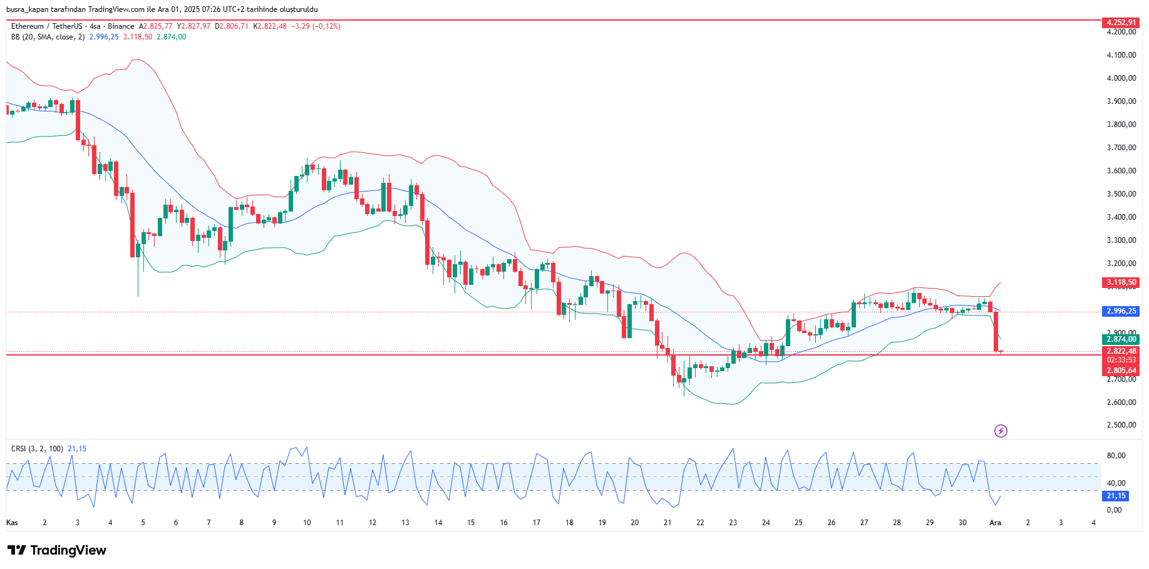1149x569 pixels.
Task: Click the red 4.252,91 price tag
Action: [1121, 23]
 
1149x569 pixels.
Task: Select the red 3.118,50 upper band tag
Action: [1121, 282]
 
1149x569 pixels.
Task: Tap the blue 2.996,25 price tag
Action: [1121, 311]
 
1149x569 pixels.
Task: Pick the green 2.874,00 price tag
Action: [1121, 339]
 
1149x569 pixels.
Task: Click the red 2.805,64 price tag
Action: [1121, 371]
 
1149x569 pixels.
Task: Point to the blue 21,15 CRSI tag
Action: [1116, 496]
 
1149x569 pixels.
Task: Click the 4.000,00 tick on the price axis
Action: [1121, 78]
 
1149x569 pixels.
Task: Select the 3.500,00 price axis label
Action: [1121, 194]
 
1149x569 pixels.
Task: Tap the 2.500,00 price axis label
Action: [1121, 425]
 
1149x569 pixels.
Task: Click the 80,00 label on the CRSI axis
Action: [1116, 456]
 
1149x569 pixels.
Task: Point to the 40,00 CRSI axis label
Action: [1116, 483]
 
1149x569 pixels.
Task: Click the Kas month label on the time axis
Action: [12, 523]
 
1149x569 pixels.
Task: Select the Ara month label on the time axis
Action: [995, 523]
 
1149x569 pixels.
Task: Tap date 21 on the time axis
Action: [667, 523]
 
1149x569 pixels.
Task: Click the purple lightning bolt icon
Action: [1001, 431]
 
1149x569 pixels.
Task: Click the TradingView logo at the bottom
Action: [57, 550]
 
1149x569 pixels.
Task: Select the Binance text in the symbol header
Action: [121, 26]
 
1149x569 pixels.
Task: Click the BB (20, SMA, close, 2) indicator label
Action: [48, 37]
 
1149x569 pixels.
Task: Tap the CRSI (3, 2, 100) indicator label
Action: [37, 449]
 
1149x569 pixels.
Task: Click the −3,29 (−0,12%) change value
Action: [317, 26]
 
